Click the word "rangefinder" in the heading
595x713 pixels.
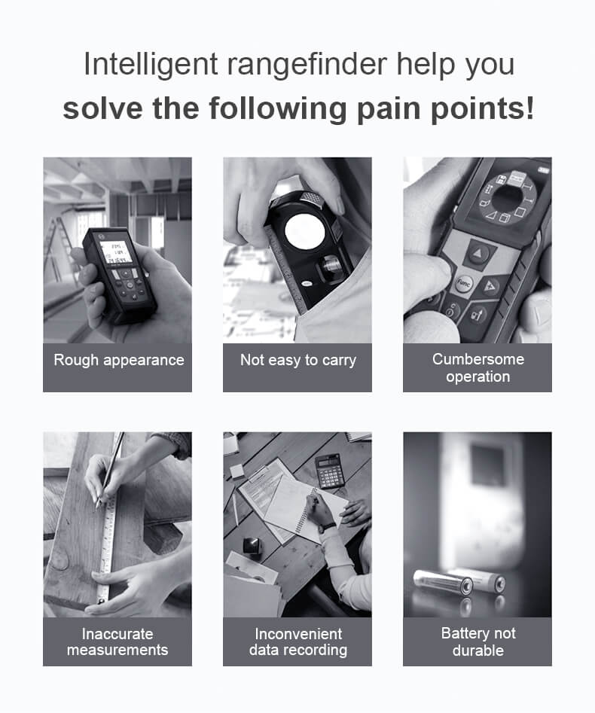307,65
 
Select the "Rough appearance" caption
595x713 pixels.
119,360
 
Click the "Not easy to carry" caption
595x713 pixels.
298,360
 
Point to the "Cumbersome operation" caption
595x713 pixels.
478,368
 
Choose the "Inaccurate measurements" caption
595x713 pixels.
117,641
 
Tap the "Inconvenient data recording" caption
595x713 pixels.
298,641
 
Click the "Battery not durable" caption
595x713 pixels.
478,641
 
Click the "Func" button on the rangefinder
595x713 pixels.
463,284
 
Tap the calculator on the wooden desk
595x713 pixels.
330,471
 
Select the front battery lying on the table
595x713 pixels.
443,583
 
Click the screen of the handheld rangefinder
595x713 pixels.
115,252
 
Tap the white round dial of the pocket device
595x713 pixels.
305,231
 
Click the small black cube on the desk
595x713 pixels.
252,545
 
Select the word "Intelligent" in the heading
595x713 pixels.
151,65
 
